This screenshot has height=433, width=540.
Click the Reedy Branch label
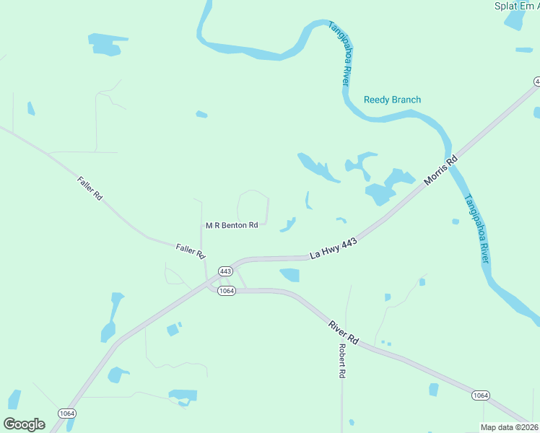pos(392,100)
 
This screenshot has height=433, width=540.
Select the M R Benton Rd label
pos(232,225)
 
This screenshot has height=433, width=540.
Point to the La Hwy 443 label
pos(334,250)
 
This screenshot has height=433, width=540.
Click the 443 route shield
pos(225,271)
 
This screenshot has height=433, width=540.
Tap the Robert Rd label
pos(343,361)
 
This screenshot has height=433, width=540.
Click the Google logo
pos(24,424)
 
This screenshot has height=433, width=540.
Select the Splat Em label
pos(516,6)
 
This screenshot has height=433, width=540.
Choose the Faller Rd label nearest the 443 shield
pos(191,251)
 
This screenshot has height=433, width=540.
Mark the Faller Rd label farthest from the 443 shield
pos(90,188)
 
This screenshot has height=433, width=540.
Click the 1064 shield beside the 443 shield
pos(227,290)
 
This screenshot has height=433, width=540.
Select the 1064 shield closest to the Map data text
pos(482,395)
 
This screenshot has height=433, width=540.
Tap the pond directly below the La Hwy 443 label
pos(289,274)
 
